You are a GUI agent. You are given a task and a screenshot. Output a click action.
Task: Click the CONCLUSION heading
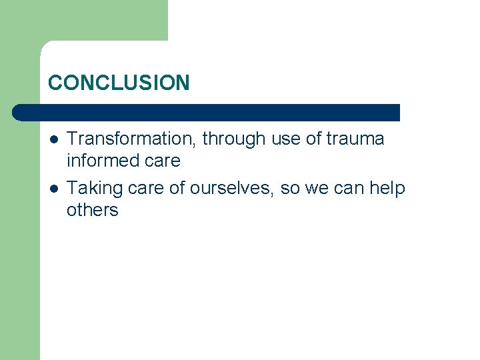[119, 83]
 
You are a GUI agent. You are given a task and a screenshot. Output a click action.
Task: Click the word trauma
[355, 139]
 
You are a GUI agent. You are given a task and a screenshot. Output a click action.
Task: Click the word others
[92, 211]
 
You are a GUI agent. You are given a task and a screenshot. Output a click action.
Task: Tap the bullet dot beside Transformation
[53, 139]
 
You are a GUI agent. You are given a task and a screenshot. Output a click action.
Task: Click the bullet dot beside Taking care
[53, 189]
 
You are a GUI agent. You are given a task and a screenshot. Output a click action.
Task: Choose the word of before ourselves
[177, 189]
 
